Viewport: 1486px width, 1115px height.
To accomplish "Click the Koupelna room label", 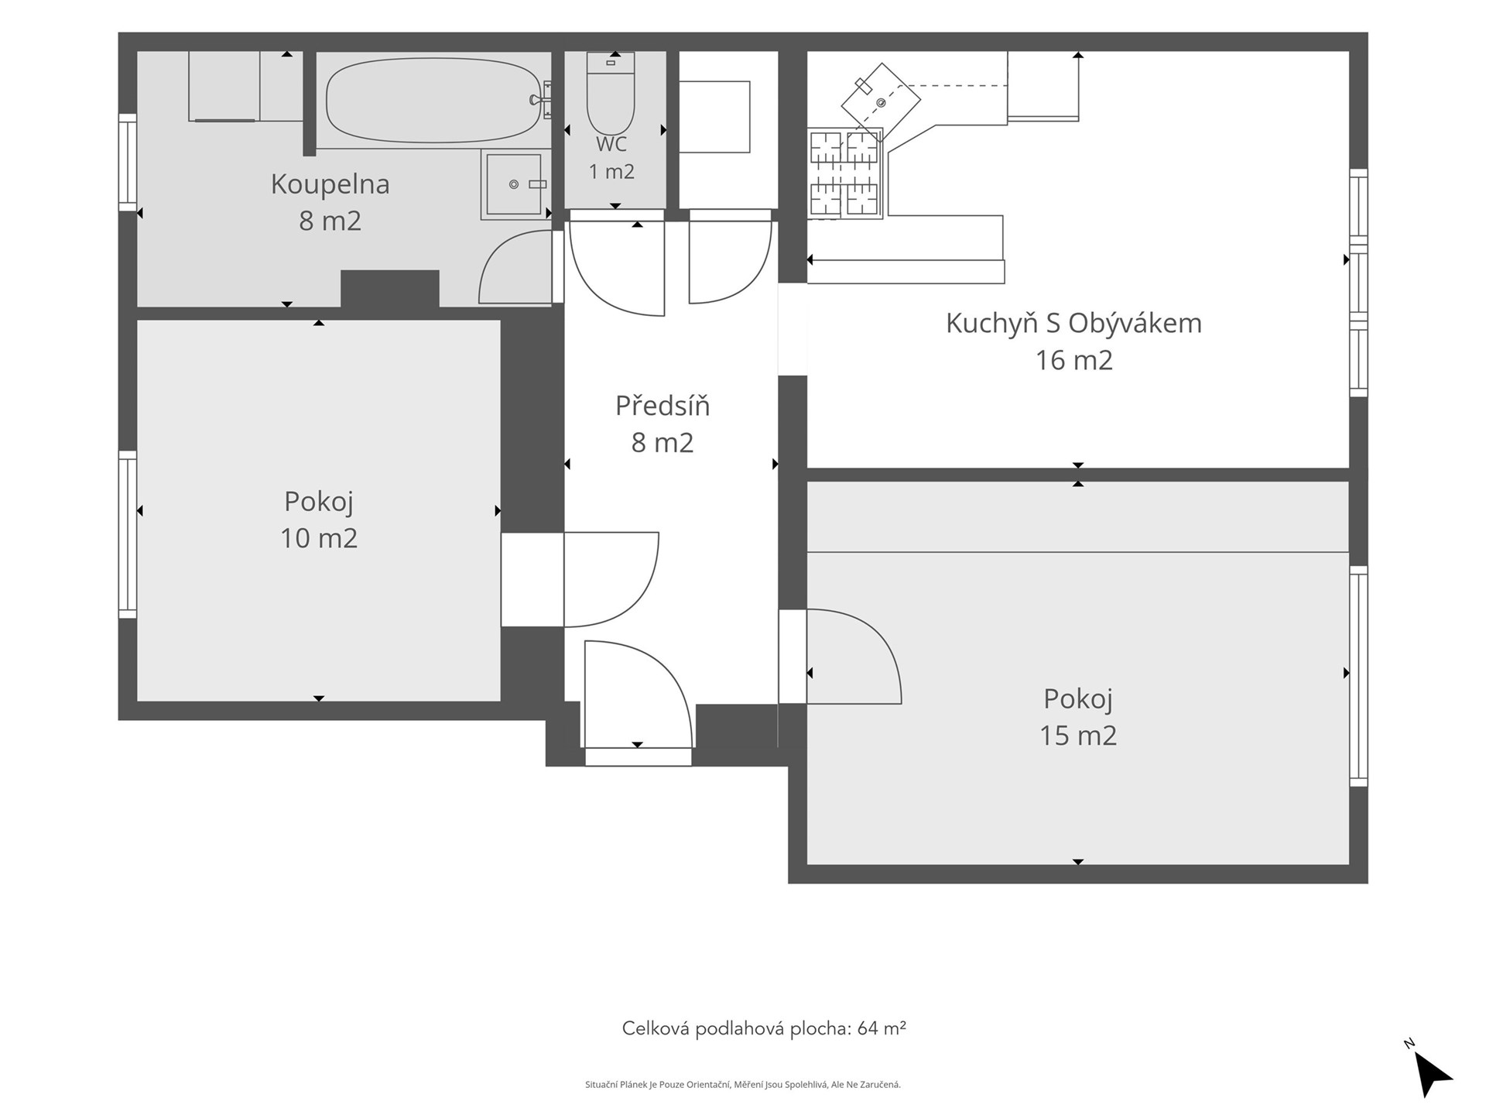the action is coord(330,184).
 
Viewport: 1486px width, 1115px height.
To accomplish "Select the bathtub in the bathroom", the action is coord(433,100).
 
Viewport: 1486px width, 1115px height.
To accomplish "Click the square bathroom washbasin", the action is coord(513,184).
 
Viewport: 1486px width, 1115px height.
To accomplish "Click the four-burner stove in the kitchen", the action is coord(844,173).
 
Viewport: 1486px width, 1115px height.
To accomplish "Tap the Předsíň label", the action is coord(663,406).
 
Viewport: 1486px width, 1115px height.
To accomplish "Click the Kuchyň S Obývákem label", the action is coord(1074,323).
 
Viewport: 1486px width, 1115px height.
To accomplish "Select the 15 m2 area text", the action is coord(1078,736).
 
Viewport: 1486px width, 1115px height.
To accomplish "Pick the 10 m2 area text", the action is coord(319,538).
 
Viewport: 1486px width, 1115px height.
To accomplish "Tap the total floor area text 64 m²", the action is coord(882,1028).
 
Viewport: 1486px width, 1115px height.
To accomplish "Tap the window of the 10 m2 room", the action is coord(128,534).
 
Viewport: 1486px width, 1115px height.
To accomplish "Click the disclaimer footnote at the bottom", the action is coord(743,1085).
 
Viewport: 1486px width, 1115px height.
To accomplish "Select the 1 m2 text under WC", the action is coord(611,172).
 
